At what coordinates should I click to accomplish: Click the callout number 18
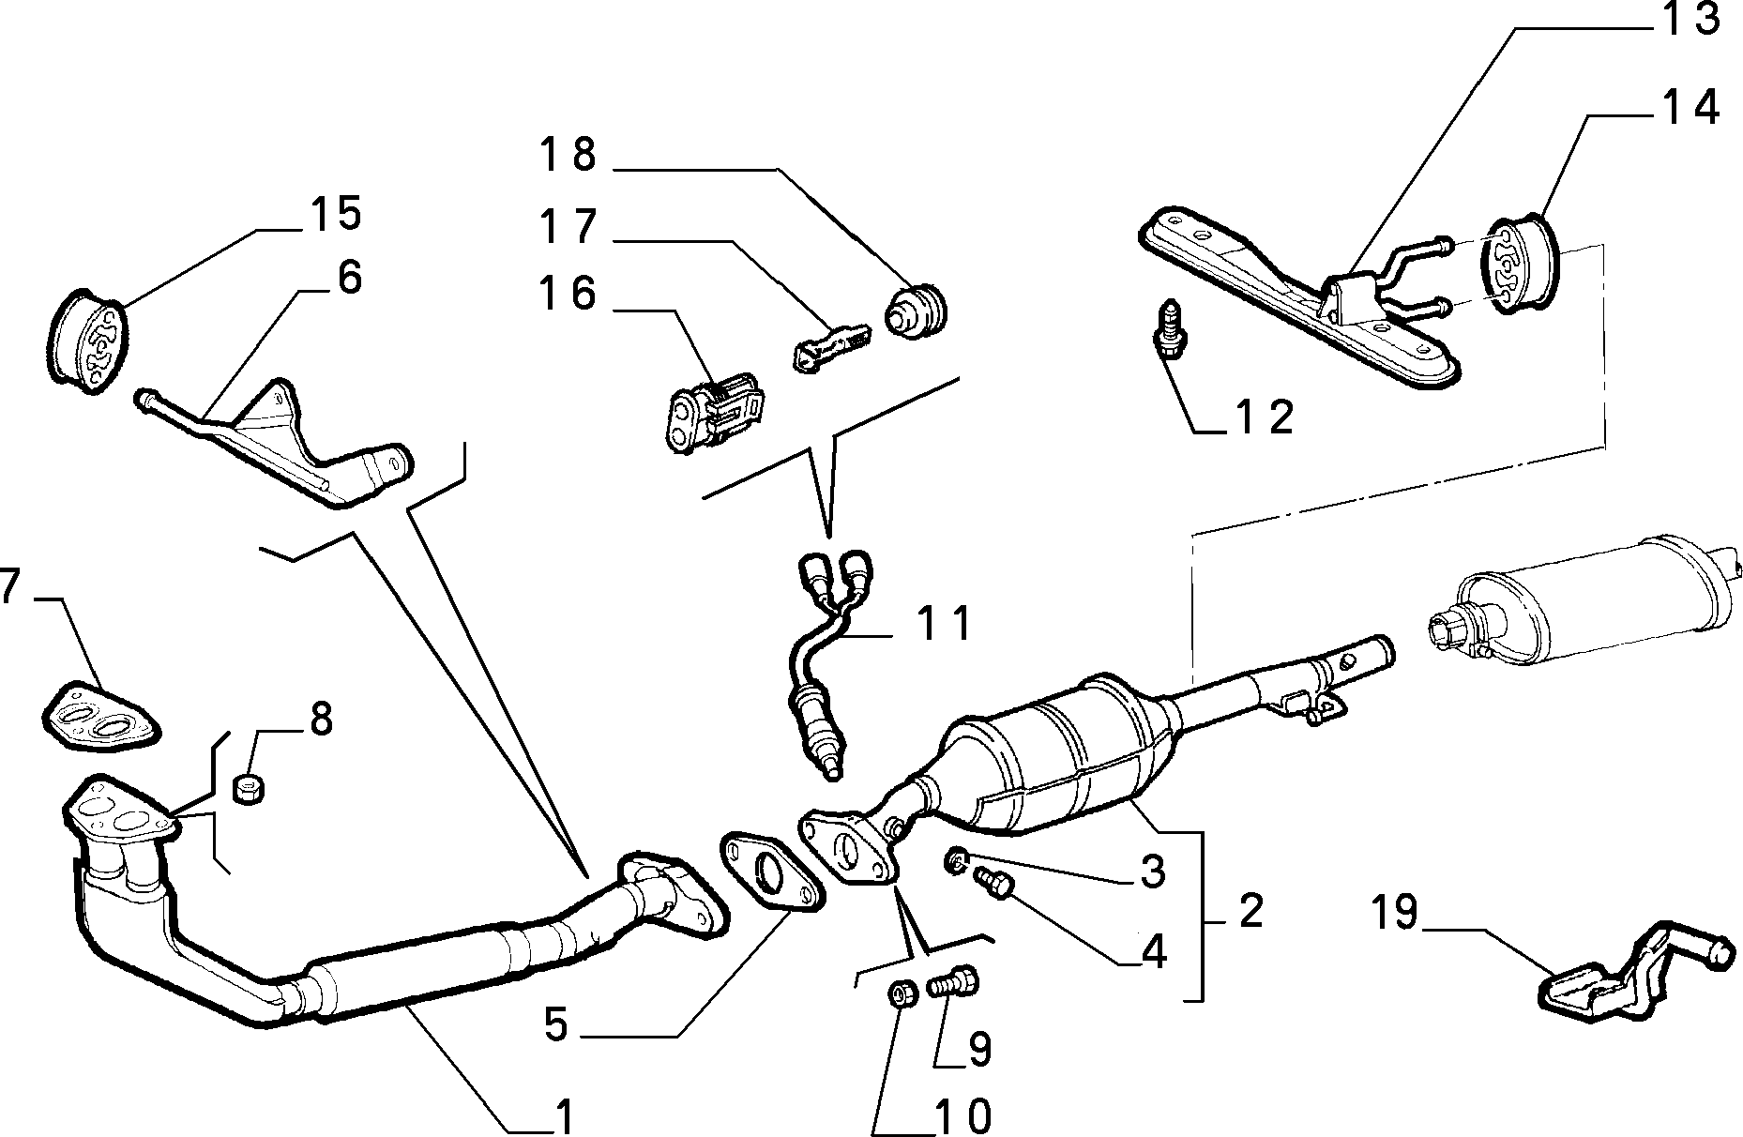pos(568,155)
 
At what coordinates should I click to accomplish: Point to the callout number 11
pos(944,624)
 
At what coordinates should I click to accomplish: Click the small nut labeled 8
pos(249,789)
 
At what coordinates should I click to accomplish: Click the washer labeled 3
pos(958,858)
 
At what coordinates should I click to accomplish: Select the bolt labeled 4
pos(993,883)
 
